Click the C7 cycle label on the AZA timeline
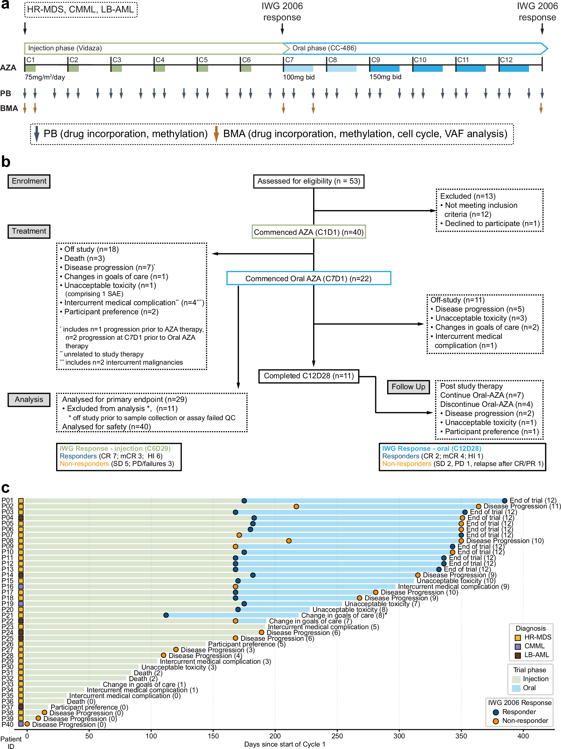point(289,60)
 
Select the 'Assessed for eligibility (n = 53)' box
point(309,181)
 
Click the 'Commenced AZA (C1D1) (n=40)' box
point(309,232)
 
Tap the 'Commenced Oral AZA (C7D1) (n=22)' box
point(309,278)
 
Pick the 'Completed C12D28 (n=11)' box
point(309,376)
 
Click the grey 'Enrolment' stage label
point(29,181)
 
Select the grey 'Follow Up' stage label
point(408,387)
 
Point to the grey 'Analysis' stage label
point(29,400)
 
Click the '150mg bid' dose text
point(385,77)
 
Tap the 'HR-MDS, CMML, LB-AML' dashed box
point(81,9)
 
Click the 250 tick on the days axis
point(337,736)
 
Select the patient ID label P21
point(8,615)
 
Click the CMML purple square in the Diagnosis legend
point(518,646)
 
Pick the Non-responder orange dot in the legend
point(496,721)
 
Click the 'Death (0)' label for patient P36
point(81,701)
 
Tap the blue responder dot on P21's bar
point(166,615)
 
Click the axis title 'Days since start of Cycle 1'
point(284,744)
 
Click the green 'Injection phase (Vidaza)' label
point(65,48)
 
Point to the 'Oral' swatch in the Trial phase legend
point(516,688)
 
